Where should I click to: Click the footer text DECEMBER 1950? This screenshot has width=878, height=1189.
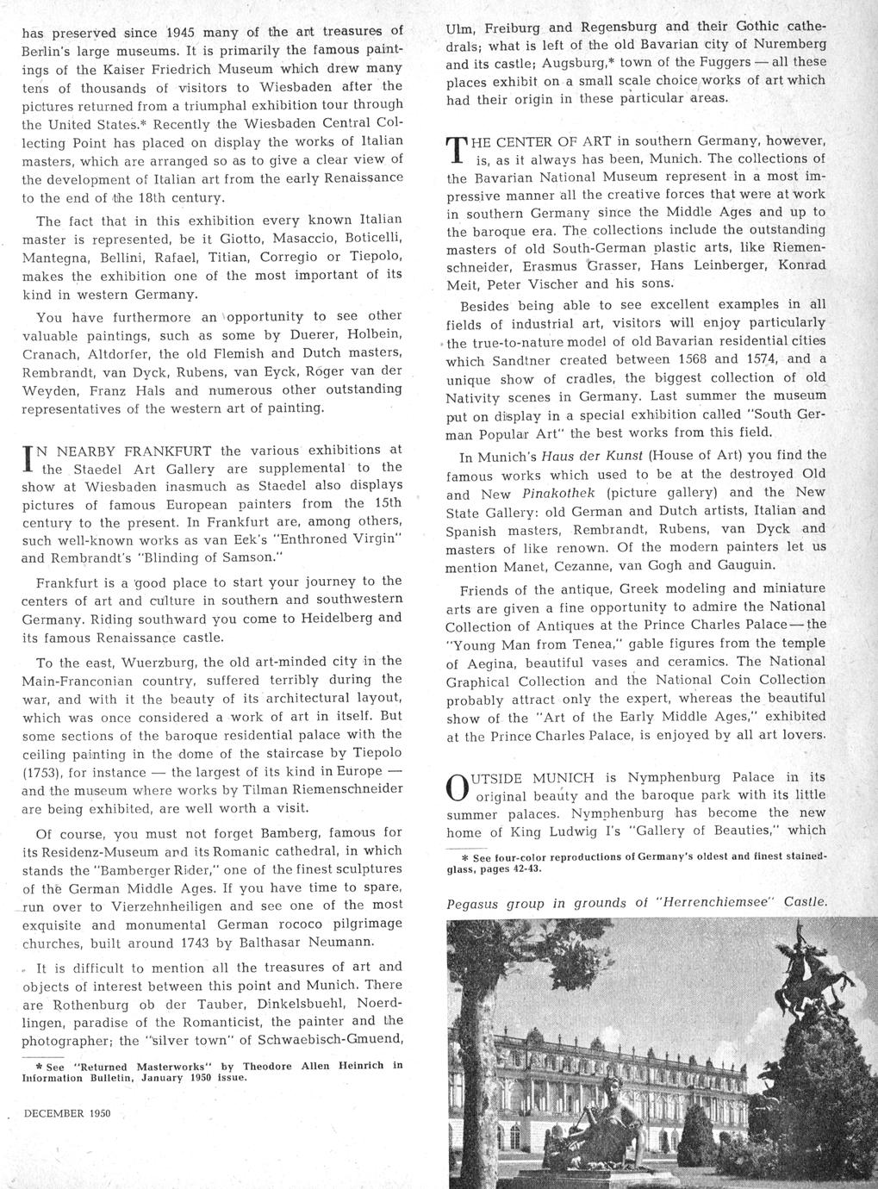(x=68, y=1113)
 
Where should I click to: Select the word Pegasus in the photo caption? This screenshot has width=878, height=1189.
(x=476, y=903)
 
